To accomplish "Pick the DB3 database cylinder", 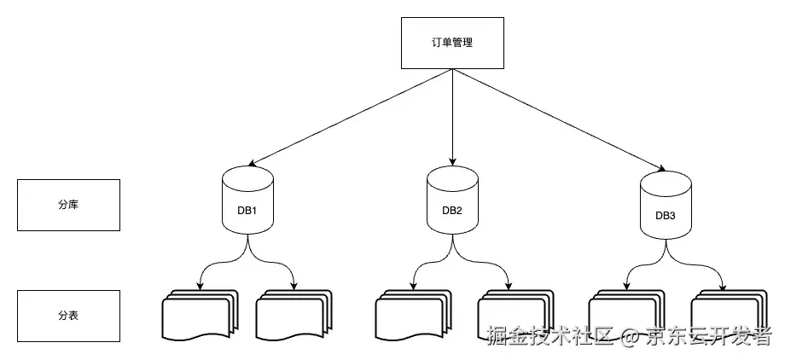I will [x=665, y=205].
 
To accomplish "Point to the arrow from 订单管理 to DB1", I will [x=350, y=116].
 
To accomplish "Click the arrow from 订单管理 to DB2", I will [x=451, y=116].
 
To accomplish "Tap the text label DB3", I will [x=665, y=216].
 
